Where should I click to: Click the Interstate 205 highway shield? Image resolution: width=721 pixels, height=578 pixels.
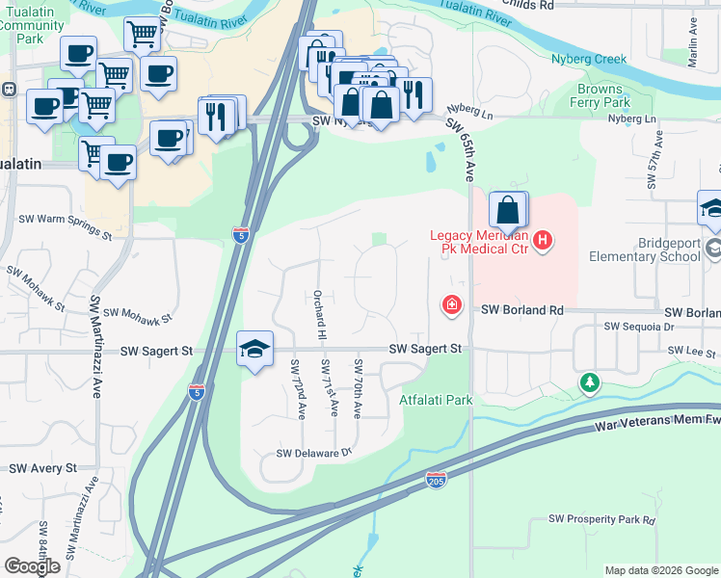click(x=436, y=479)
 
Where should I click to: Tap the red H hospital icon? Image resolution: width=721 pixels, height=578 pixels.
click(x=543, y=240)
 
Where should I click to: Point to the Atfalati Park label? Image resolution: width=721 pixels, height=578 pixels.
click(x=437, y=400)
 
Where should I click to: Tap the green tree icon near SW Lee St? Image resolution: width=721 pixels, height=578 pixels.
click(x=589, y=384)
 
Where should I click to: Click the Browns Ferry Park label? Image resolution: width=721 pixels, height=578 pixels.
click(x=601, y=96)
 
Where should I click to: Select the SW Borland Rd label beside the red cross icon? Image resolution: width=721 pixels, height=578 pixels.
click(x=521, y=309)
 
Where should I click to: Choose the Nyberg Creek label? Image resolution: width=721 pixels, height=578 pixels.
click(x=588, y=59)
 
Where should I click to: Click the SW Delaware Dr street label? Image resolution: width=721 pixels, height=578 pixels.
click(x=315, y=453)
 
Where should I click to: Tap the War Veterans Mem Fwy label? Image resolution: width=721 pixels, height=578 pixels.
click(x=658, y=419)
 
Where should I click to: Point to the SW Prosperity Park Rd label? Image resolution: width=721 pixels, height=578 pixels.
click(x=601, y=519)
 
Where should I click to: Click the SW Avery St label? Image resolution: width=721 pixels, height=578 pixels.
click(x=42, y=468)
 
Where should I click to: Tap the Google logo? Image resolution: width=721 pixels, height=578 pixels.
click(x=32, y=565)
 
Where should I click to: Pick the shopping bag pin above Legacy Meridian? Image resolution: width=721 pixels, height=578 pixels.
click(x=508, y=210)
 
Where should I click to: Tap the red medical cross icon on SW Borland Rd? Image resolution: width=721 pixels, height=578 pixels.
click(x=450, y=306)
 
